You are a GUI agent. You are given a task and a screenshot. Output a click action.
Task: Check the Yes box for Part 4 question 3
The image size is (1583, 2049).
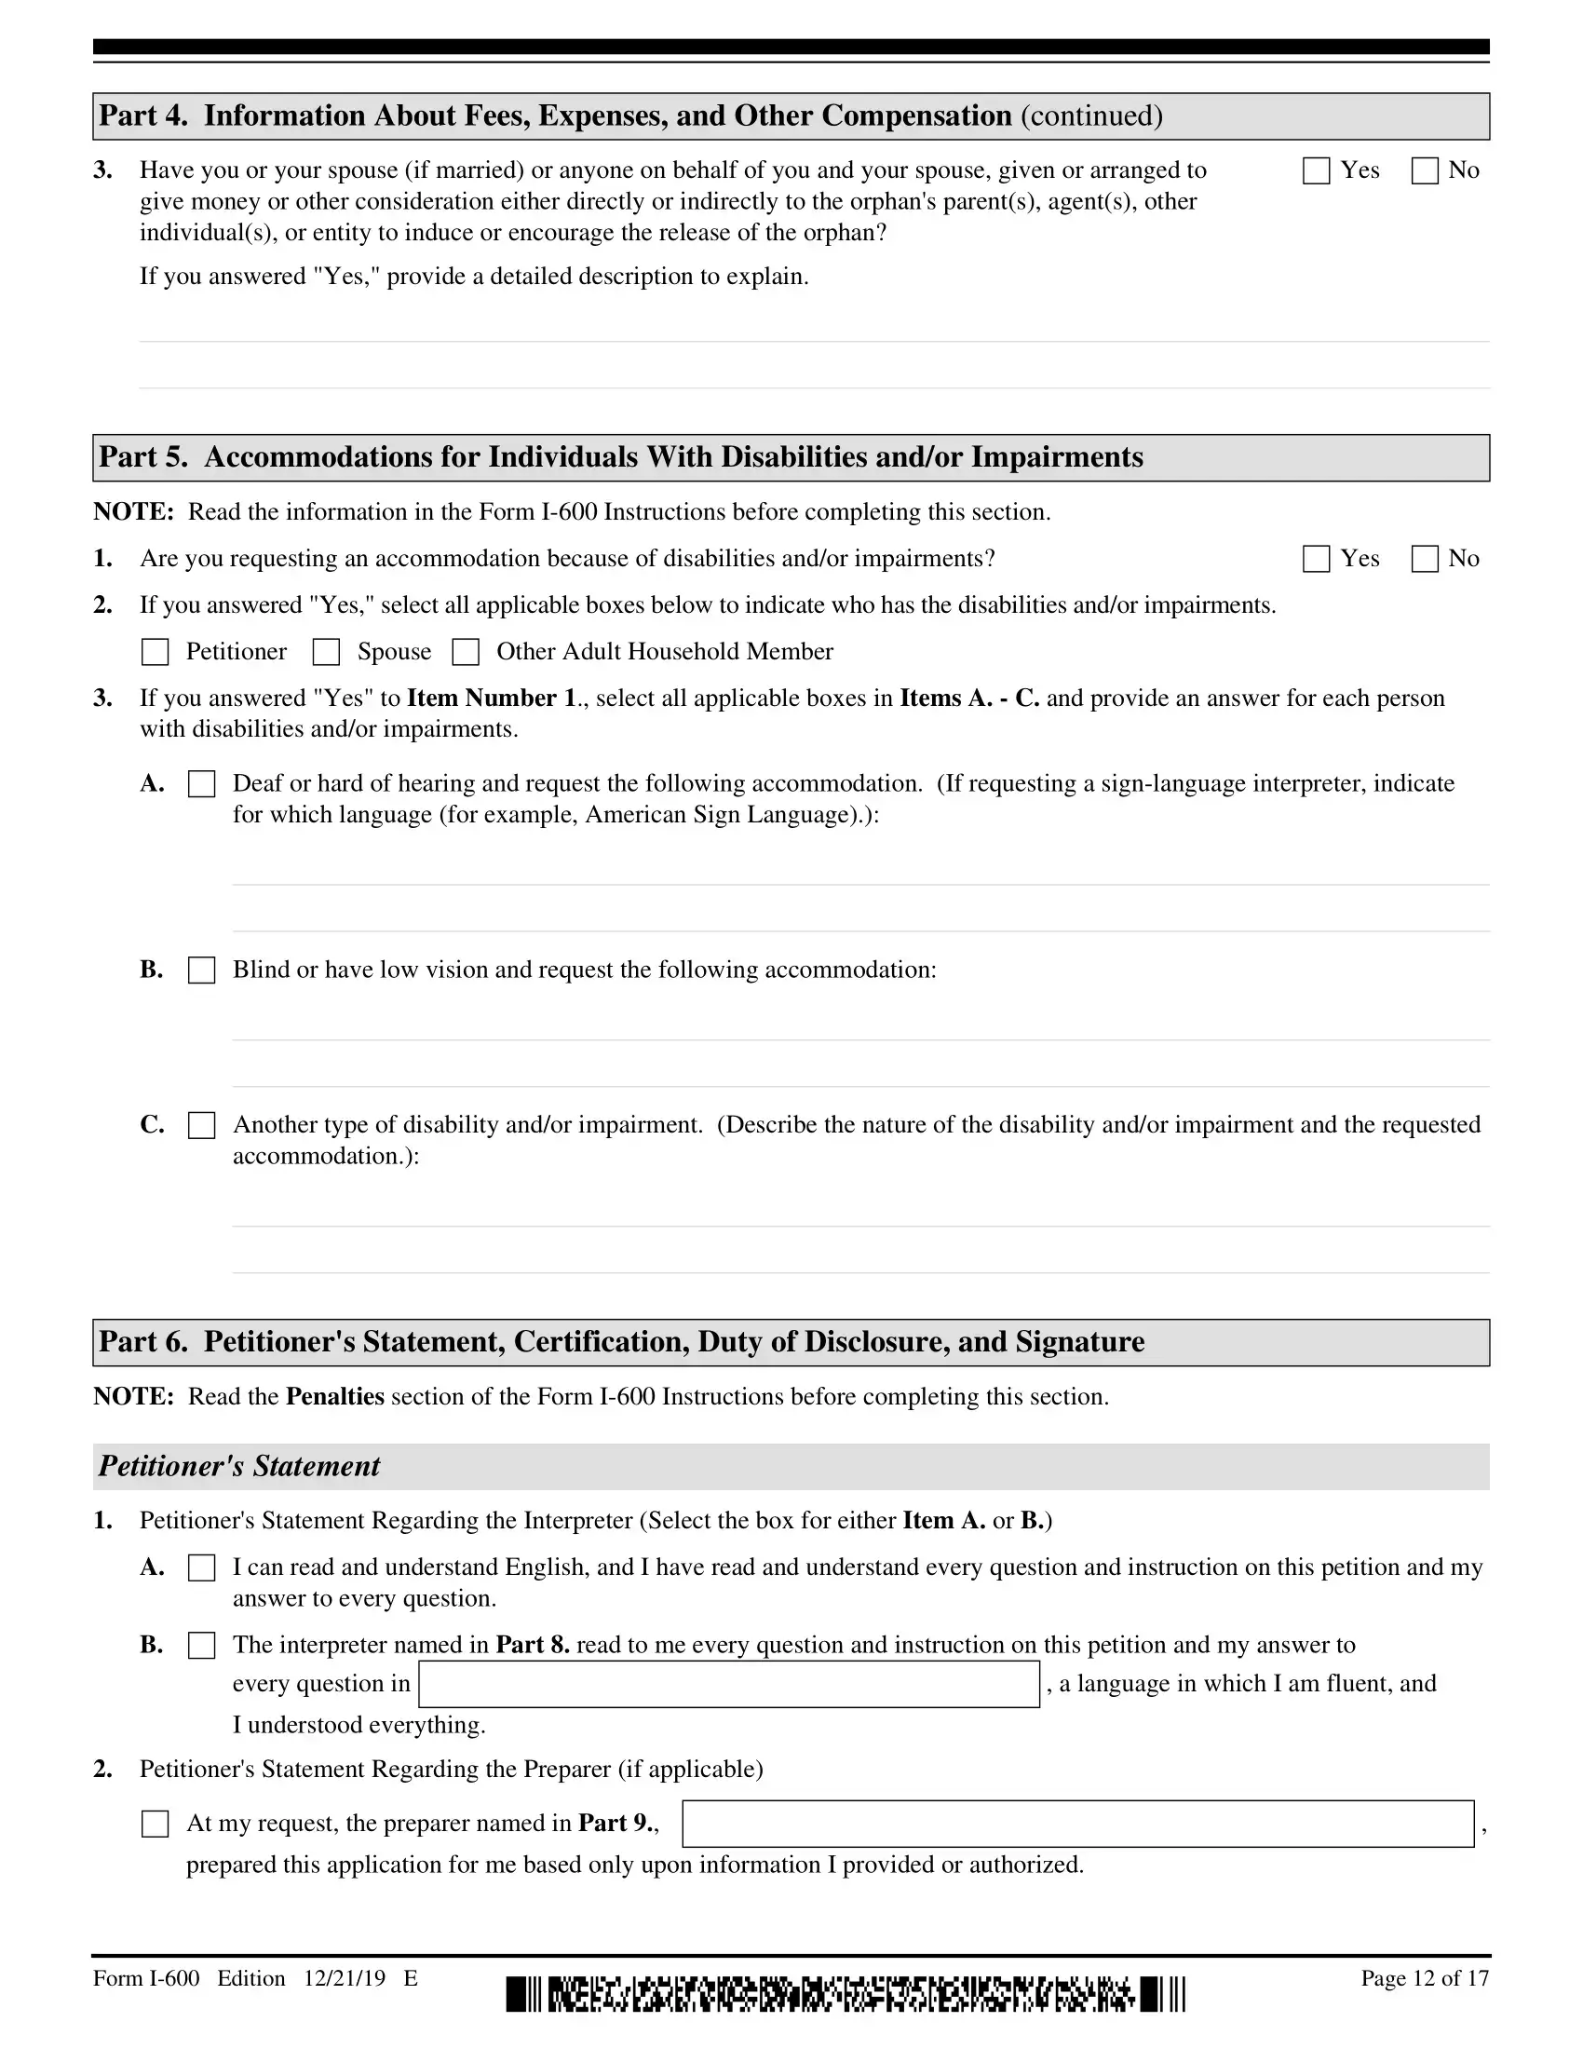(1316, 170)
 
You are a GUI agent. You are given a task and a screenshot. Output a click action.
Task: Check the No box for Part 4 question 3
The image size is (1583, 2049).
(1425, 170)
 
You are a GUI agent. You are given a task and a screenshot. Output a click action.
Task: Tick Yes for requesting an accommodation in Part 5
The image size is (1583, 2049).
(1316, 559)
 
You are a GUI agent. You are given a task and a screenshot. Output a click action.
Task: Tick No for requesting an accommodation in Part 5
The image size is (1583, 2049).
(1425, 559)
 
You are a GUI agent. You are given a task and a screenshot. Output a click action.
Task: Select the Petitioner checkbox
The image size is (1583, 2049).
(155, 652)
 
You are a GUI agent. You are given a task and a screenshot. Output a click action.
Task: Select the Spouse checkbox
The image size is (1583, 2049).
(325, 652)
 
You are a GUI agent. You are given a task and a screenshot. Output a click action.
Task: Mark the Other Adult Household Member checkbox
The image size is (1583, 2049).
(466, 652)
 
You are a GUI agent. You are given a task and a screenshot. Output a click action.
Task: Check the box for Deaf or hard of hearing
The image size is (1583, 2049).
(202, 784)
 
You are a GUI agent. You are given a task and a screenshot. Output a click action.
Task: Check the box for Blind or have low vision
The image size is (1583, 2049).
(202, 970)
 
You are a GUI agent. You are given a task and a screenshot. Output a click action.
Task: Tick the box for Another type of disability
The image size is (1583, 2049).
(202, 1125)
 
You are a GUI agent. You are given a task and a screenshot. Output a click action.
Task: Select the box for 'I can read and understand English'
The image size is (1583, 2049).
(202, 1567)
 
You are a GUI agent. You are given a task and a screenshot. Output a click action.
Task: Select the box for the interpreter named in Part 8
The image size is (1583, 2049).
(202, 1646)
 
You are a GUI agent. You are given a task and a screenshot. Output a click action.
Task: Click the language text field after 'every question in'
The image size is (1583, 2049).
(729, 1684)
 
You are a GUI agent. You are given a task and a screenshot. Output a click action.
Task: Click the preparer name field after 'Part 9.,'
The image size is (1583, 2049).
(1077, 1824)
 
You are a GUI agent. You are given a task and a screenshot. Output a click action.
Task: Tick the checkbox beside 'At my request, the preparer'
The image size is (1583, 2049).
(155, 1824)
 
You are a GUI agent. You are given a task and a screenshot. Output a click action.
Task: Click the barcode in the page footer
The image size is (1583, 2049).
(845, 1994)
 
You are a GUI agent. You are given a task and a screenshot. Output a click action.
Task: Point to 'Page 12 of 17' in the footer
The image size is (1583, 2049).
(1425, 1978)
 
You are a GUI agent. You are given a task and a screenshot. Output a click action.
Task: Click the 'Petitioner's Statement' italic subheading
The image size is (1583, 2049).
(239, 1466)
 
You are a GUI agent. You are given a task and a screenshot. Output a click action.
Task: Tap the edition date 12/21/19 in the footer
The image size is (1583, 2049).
(345, 1978)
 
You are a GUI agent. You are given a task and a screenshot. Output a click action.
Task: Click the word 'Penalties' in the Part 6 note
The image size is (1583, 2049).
(335, 1397)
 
